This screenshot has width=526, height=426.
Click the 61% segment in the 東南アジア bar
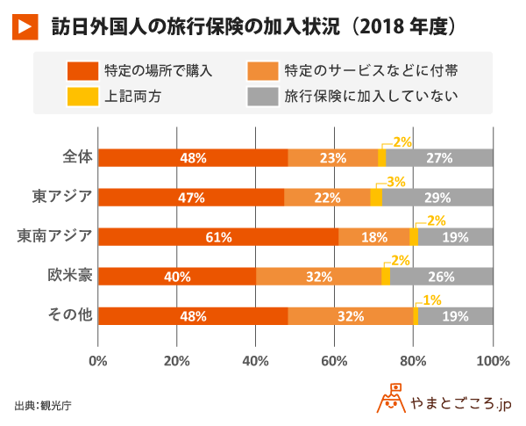(218, 237)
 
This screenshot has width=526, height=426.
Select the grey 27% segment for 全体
(439, 158)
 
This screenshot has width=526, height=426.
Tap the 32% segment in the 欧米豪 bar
(318, 277)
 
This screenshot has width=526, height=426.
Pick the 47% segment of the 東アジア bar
(191, 198)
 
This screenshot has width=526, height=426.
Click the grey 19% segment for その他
(456, 316)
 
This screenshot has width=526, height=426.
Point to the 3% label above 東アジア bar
(396, 181)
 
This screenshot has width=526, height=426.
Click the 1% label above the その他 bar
(431, 300)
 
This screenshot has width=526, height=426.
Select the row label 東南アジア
(55, 236)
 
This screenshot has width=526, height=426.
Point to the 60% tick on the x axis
(335, 359)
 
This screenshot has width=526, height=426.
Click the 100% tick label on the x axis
(494, 359)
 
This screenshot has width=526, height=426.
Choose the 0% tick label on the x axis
(98, 359)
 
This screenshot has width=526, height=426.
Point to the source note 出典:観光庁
(43, 405)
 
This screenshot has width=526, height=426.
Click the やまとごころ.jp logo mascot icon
(392, 400)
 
